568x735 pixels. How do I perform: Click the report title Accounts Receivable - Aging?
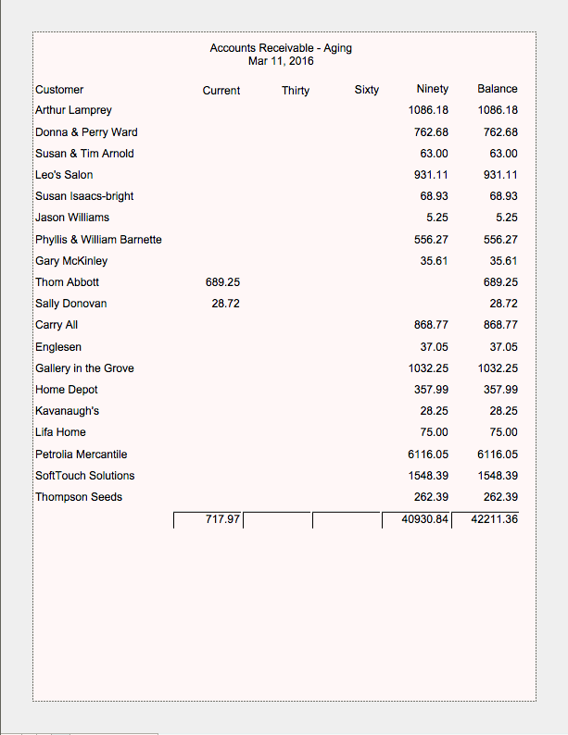pos(281,48)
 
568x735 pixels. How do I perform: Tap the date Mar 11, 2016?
pos(281,61)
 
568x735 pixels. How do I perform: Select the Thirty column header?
pos(296,91)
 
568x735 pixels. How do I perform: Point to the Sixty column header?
pos(366,90)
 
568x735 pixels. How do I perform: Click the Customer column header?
pos(59,90)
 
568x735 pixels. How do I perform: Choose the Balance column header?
pos(498,89)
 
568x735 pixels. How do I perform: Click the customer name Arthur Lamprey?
pos(73,110)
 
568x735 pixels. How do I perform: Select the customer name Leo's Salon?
pos(64,175)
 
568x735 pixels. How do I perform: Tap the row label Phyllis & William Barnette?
pos(98,240)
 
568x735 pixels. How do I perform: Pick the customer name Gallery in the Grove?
pos(84,368)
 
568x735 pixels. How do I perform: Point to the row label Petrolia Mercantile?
pos(81,455)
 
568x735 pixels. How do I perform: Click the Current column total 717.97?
pos(222,519)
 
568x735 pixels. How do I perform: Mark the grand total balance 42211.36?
pos(494,519)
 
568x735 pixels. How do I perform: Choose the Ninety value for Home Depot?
pos(431,390)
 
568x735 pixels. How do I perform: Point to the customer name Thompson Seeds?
pos(79,497)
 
